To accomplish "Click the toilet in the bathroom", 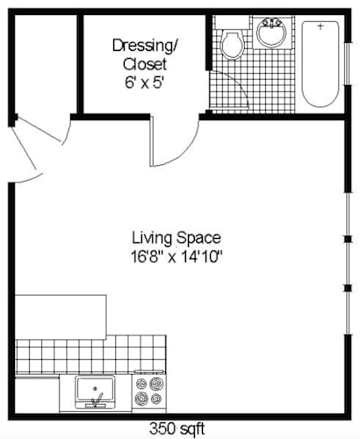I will coord(233,43).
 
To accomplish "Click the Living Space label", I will coord(176,237).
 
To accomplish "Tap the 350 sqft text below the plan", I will coord(179,429).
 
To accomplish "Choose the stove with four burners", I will coord(149,392).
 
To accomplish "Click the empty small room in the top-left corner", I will coord(43,61).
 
